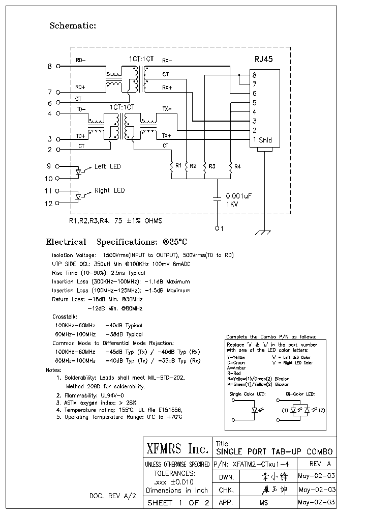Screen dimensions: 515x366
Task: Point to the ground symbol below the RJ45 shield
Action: coord(264,232)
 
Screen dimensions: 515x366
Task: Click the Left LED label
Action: coord(107,166)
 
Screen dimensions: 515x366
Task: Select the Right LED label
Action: coord(109,191)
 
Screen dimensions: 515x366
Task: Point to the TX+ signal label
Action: coord(167,135)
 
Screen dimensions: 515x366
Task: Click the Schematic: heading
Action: coord(73,25)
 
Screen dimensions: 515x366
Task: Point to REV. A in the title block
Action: coord(320,464)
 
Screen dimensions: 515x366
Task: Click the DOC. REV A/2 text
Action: coord(113,495)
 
